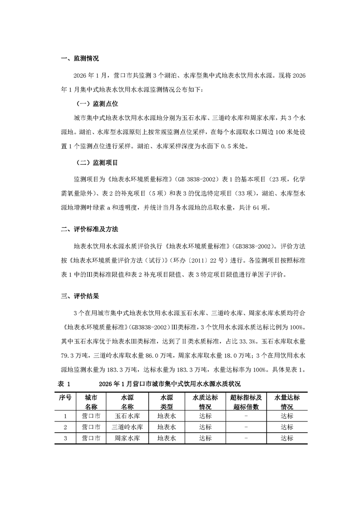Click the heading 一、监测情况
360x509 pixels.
pos(79,59)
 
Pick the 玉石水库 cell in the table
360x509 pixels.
pos(127,416)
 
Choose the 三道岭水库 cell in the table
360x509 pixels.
pos(127,427)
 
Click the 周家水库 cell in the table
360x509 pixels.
pos(127,438)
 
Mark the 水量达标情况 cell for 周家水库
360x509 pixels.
pos(286,438)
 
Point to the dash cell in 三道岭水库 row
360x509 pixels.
pos(246,427)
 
